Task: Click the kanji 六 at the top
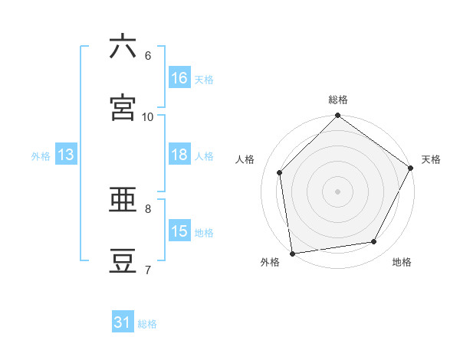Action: point(123,47)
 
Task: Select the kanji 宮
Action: point(123,108)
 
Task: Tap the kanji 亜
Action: point(123,201)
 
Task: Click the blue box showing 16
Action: point(179,78)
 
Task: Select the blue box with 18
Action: point(179,155)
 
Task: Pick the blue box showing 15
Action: point(179,232)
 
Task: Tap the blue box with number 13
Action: point(66,155)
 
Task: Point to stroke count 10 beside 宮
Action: point(148,116)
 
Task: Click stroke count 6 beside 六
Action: point(148,56)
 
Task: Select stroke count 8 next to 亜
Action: point(148,208)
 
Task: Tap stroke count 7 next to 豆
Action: point(148,270)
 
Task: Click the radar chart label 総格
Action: point(338,100)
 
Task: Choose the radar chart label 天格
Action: point(431,159)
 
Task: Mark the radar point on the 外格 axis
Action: point(292,253)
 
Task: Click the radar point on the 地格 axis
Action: point(374,242)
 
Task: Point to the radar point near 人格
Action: point(280,172)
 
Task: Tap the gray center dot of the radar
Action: point(338,191)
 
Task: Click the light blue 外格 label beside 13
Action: point(41,156)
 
